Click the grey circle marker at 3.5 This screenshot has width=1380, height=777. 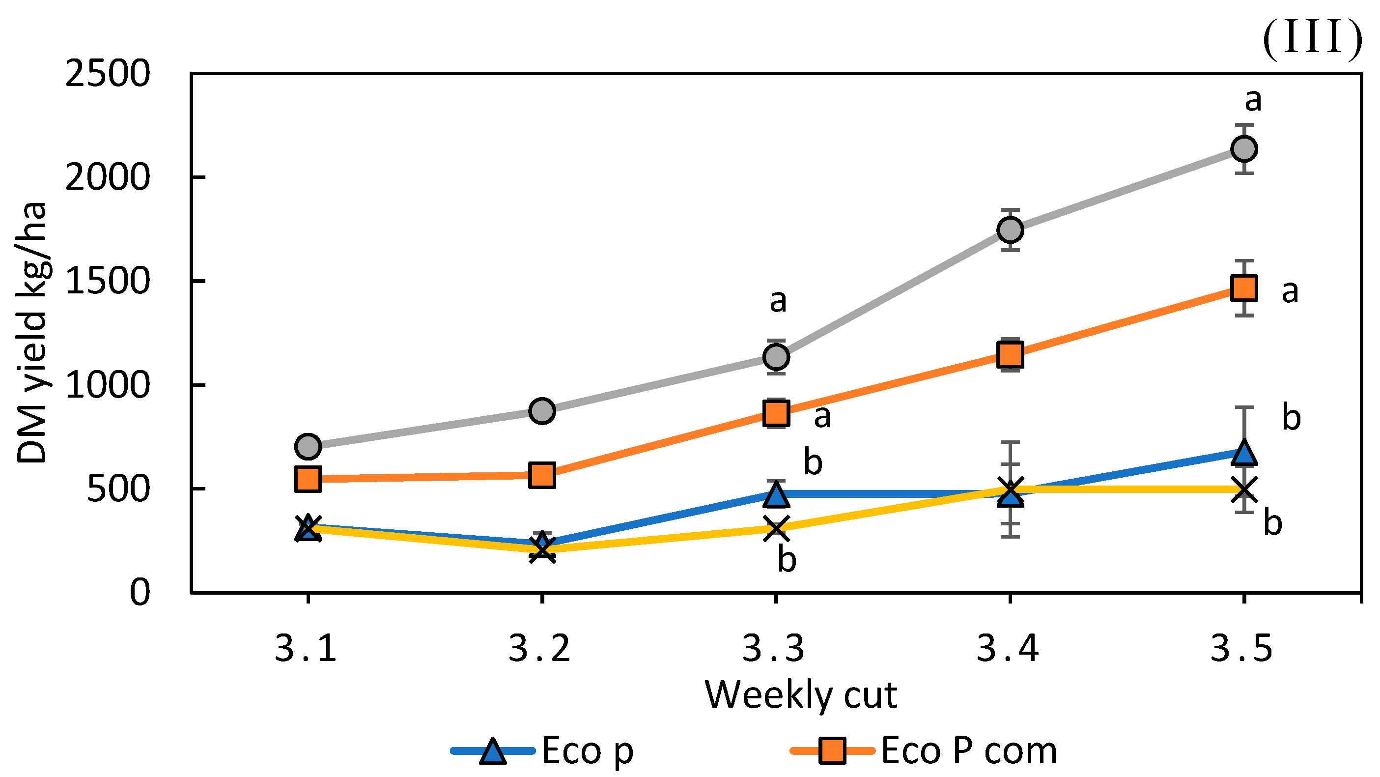[1244, 148]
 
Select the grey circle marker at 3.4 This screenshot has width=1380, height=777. [1011, 230]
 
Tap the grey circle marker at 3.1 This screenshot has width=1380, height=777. [308, 446]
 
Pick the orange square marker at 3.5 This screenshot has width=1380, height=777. [1244, 288]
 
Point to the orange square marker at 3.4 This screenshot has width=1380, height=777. [1011, 354]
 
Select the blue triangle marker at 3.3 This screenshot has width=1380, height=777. [776, 493]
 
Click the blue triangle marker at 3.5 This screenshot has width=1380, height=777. [1244, 452]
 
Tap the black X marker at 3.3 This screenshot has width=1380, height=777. [776, 528]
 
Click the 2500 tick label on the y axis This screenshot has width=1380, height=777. [107, 73]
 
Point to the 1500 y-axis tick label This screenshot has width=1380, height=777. [107, 281]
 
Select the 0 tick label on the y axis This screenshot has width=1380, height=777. [140, 593]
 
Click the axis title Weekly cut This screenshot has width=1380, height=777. [800, 695]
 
